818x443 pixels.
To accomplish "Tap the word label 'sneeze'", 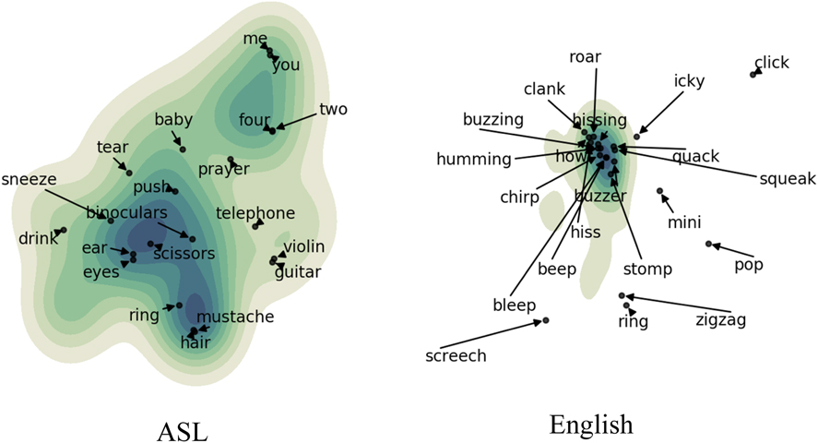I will tap(29, 179).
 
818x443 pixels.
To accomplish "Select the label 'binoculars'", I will tap(124, 213).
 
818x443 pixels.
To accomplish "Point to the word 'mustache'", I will tap(235, 317).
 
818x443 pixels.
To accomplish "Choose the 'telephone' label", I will tap(255, 213).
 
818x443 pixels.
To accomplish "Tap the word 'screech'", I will tap(456, 355).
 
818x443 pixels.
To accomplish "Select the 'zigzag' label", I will tap(720, 320).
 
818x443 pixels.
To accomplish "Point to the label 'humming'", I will tap(474, 159).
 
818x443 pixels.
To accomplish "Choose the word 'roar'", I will tap(585, 57).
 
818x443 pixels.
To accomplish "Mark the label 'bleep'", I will tap(514, 305).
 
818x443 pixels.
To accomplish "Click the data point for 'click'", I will tap(753, 74).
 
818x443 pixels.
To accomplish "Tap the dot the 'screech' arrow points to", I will tap(546, 320).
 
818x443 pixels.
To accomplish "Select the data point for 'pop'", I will tap(708, 244).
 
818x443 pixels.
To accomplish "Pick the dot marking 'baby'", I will tap(183, 149).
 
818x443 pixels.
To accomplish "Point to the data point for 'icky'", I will tap(637, 137).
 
